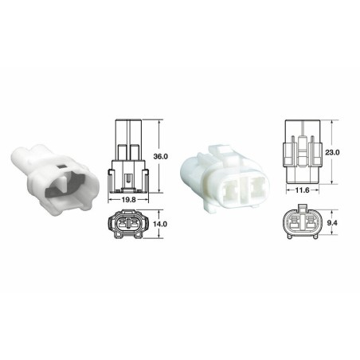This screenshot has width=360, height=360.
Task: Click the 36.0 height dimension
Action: (x=160, y=158)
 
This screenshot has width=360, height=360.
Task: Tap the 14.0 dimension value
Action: (x=160, y=225)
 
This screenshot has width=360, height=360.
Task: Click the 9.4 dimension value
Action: (x=334, y=225)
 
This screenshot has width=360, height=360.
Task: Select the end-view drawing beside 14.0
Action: (x=128, y=226)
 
